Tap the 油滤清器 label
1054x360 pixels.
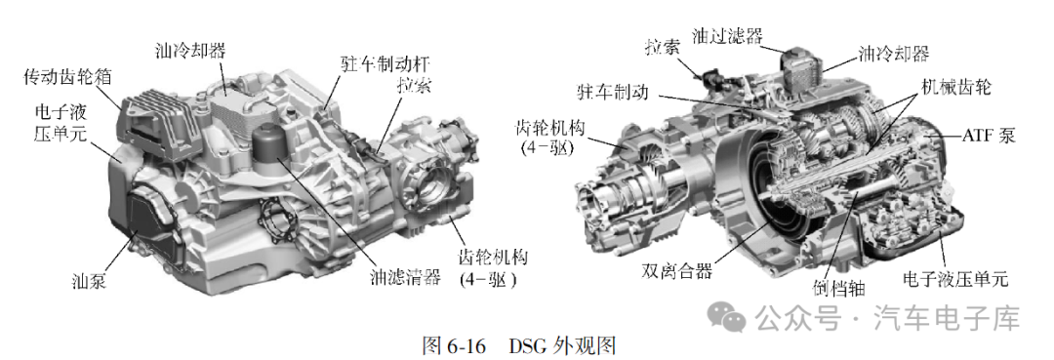tap(405, 277)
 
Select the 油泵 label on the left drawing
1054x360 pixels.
tap(89, 280)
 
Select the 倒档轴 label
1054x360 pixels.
tap(838, 288)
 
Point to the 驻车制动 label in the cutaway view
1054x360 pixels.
tap(612, 92)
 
